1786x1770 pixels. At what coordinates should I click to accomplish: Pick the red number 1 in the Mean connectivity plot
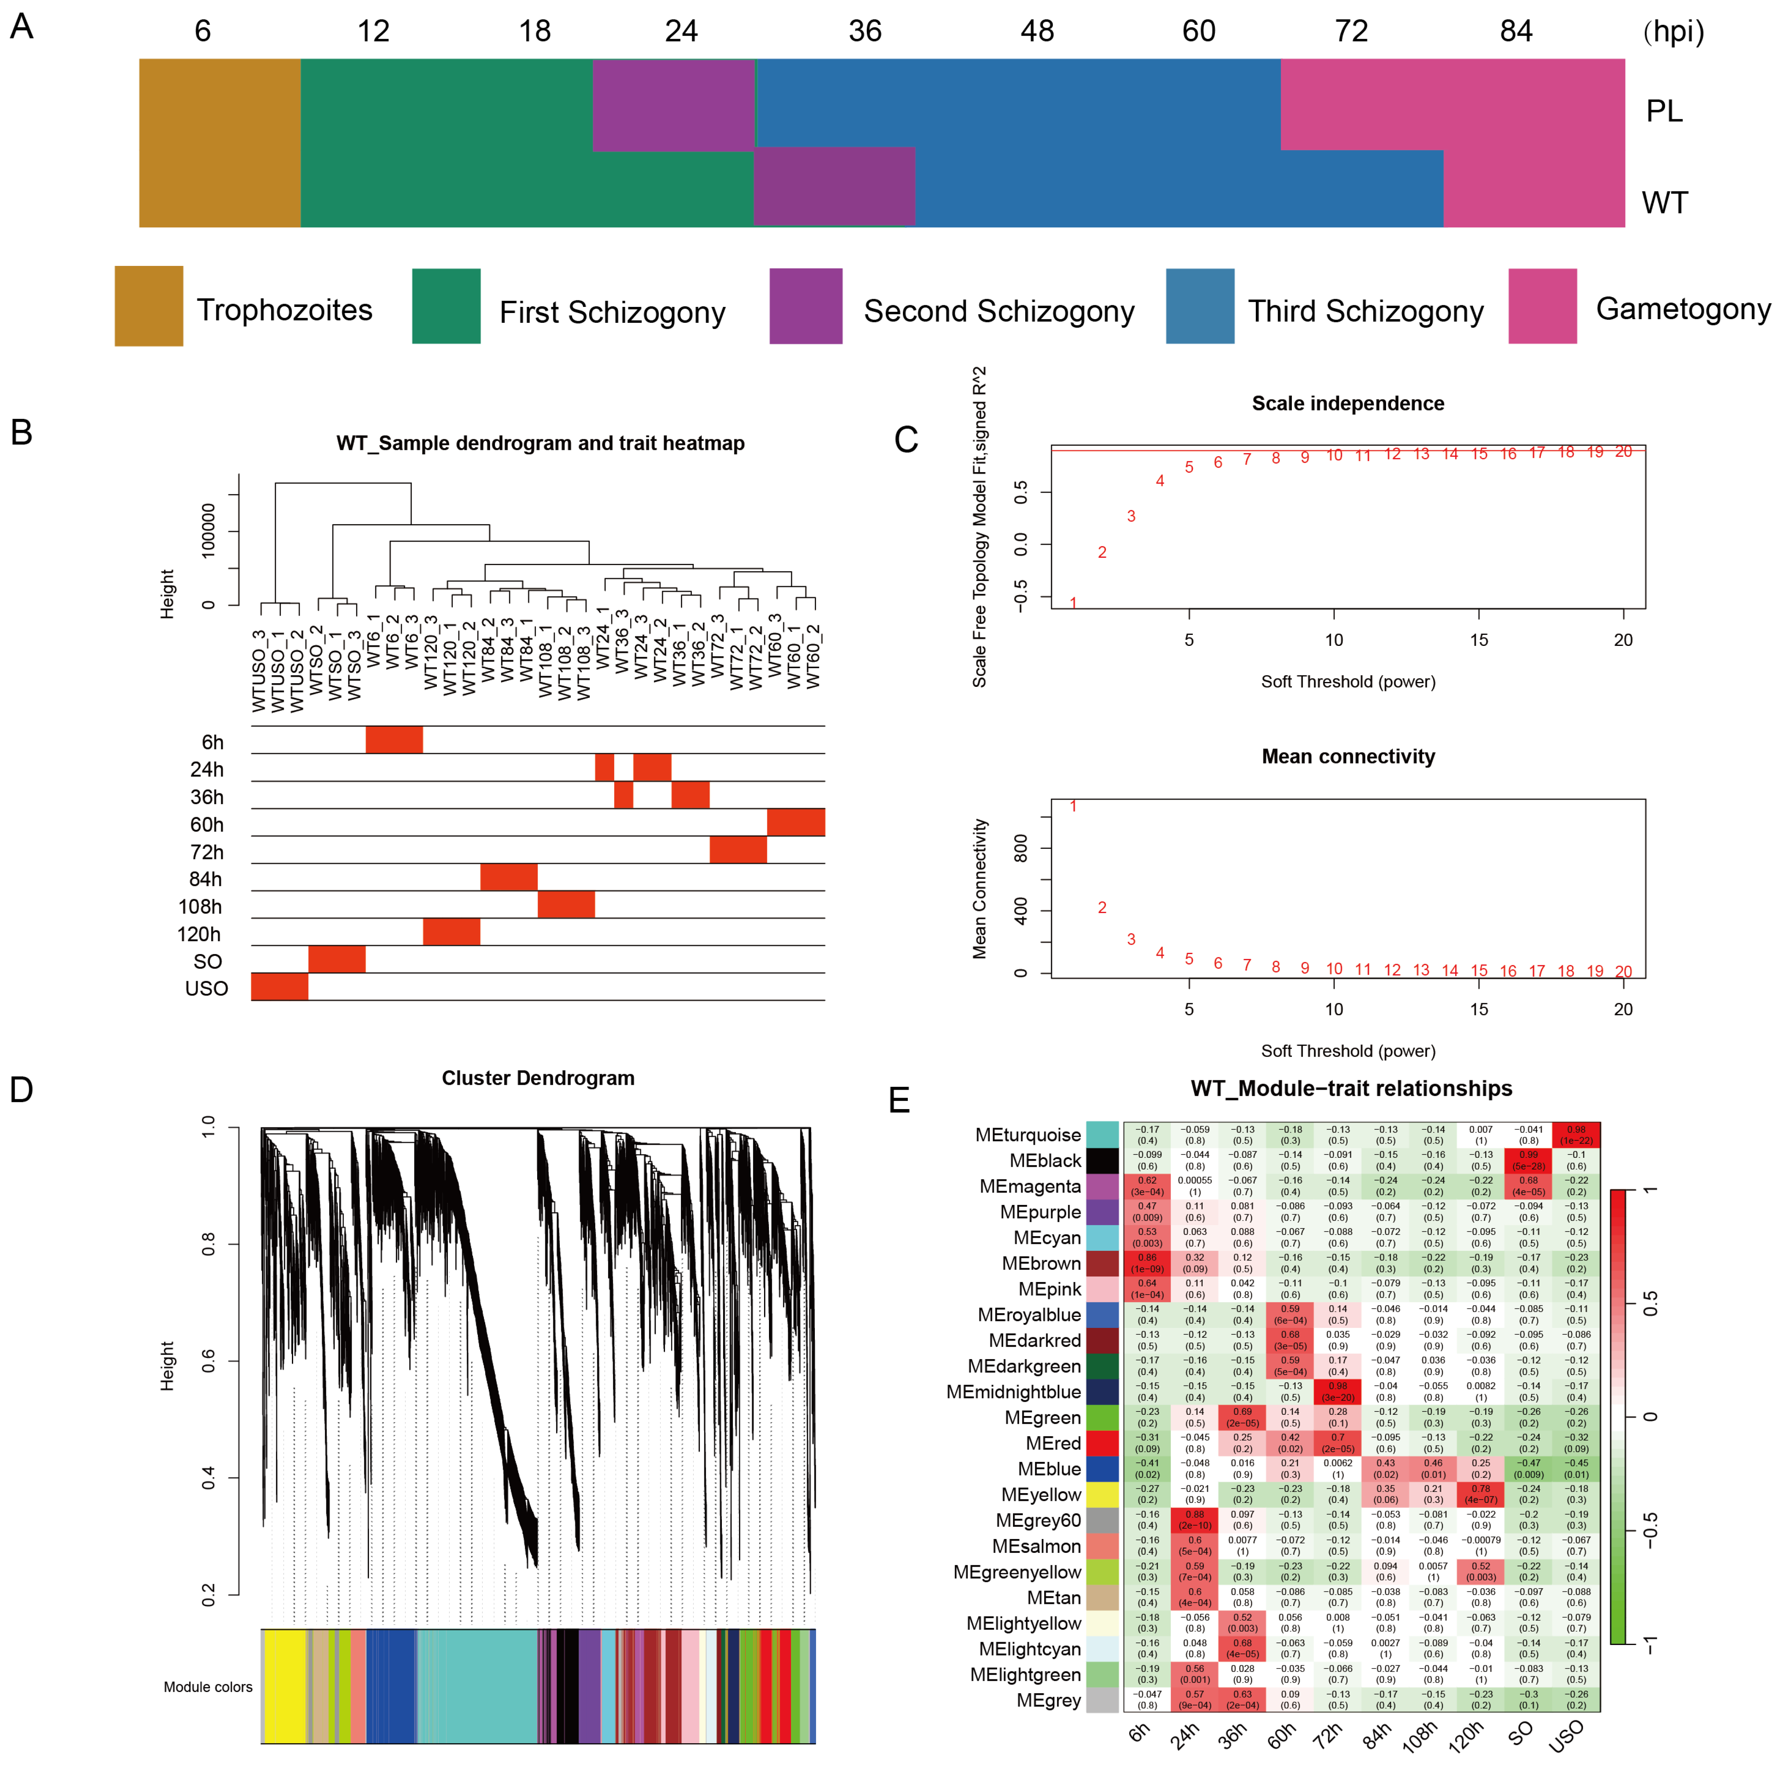[x=1073, y=806]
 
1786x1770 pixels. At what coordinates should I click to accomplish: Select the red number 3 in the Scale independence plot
[x=1131, y=516]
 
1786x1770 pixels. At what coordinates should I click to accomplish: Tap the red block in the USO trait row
[x=279, y=987]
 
